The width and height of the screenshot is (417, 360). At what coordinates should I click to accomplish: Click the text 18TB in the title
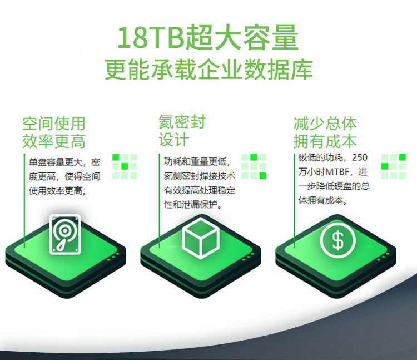(x=151, y=37)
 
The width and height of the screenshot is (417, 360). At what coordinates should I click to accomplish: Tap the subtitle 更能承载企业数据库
(x=209, y=70)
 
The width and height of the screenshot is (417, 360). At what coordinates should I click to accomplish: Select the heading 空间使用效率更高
(x=54, y=132)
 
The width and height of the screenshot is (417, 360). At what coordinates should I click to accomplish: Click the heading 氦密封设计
(x=182, y=130)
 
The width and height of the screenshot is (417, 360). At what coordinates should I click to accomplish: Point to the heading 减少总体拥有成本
(x=325, y=132)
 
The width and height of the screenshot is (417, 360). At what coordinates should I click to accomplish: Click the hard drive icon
(x=65, y=234)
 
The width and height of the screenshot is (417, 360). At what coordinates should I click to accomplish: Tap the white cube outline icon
(x=201, y=238)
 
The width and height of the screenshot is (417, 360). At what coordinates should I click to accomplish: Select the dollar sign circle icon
(x=337, y=240)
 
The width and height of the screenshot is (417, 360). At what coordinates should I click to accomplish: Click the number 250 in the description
(x=360, y=157)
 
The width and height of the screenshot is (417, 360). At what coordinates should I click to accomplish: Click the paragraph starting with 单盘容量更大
(x=64, y=176)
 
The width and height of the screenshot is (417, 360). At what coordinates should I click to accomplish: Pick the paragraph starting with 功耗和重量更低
(x=200, y=183)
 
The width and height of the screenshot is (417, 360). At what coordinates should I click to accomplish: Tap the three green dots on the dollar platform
(x=383, y=257)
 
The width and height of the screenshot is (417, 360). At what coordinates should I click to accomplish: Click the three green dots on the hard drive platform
(x=113, y=257)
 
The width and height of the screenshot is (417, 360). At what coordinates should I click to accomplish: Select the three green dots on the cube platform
(x=248, y=257)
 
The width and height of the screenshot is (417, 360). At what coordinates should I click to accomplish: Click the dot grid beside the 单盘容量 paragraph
(x=125, y=166)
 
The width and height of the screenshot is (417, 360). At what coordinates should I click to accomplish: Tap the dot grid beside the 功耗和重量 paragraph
(x=254, y=166)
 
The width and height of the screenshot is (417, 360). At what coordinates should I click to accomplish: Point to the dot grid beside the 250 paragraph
(x=394, y=166)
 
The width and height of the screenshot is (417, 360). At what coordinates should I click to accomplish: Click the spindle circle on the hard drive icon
(x=64, y=230)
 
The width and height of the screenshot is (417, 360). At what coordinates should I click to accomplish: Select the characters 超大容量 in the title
(x=242, y=37)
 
